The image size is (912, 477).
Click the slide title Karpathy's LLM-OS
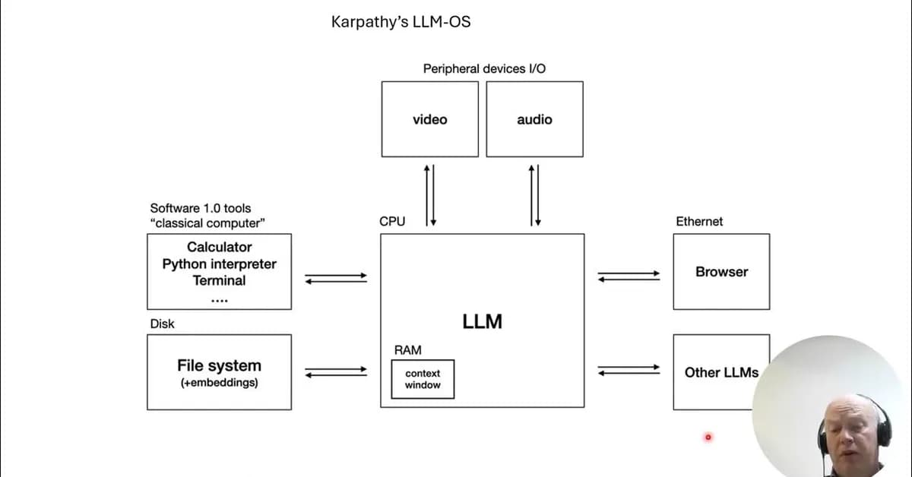coord(401,22)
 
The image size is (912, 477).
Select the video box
coord(430,119)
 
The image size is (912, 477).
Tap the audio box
coord(534,119)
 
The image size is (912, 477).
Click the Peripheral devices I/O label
coord(484,68)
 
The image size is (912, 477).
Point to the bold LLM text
coord(482,321)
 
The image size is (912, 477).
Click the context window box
coord(423,379)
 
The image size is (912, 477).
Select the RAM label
coord(407,350)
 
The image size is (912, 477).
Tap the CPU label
coord(392,222)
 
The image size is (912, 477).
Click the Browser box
coord(721,271)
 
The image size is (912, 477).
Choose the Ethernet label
coord(699,222)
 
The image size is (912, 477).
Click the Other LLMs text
coord(721,372)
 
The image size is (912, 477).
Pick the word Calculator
coord(219,247)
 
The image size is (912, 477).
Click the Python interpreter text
coord(219,264)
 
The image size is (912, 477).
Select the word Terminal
coord(219,280)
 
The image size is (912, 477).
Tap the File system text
coord(219,365)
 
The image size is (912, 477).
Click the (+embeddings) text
coord(219,383)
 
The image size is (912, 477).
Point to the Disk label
coord(162,324)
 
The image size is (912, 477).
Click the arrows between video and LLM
coord(430,194)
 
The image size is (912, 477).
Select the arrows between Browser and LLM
coord(629,276)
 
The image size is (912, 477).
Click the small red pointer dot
coord(708,437)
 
